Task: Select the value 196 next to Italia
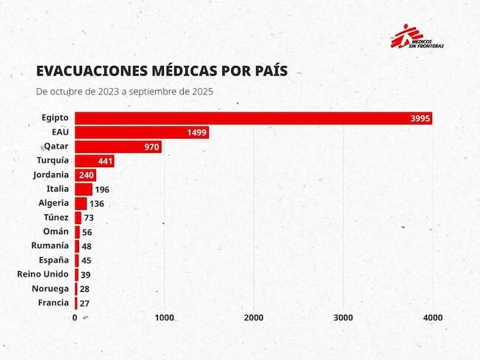[102, 189]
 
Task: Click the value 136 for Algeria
[97, 203]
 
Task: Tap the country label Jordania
[51, 175]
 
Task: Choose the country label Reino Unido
[43, 274]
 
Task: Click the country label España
[54, 260]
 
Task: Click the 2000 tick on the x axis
[254, 317]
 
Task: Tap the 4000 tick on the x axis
[433, 317]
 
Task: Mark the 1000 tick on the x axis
[165, 317]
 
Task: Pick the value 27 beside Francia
[85, 302]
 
